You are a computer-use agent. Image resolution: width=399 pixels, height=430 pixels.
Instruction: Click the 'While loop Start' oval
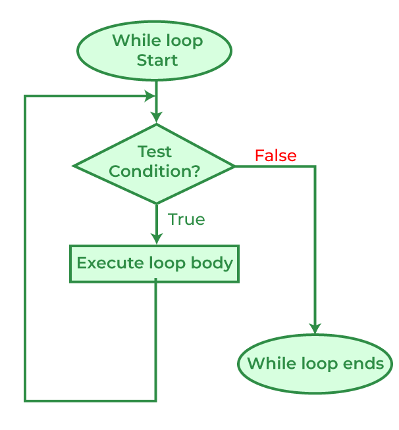tap(154, 51)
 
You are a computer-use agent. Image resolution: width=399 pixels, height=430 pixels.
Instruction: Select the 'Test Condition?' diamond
tap(155, 164)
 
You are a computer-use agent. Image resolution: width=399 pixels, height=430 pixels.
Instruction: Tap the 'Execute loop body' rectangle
tap(154, 264)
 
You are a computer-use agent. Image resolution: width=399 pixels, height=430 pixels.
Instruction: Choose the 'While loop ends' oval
tap(315, 364)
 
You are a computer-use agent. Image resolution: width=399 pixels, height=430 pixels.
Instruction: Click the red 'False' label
tap(275, 156)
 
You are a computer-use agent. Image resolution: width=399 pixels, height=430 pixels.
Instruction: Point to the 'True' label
tap(186, 220)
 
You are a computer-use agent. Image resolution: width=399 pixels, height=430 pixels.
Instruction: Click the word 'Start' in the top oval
tap(157, 60)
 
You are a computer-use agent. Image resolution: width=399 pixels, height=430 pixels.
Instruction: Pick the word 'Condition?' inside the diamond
tap(155, 172)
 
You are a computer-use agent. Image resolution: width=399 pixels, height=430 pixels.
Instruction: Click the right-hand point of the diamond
tap(234, 166)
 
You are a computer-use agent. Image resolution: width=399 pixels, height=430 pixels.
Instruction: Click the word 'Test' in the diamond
tap(155, 152)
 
